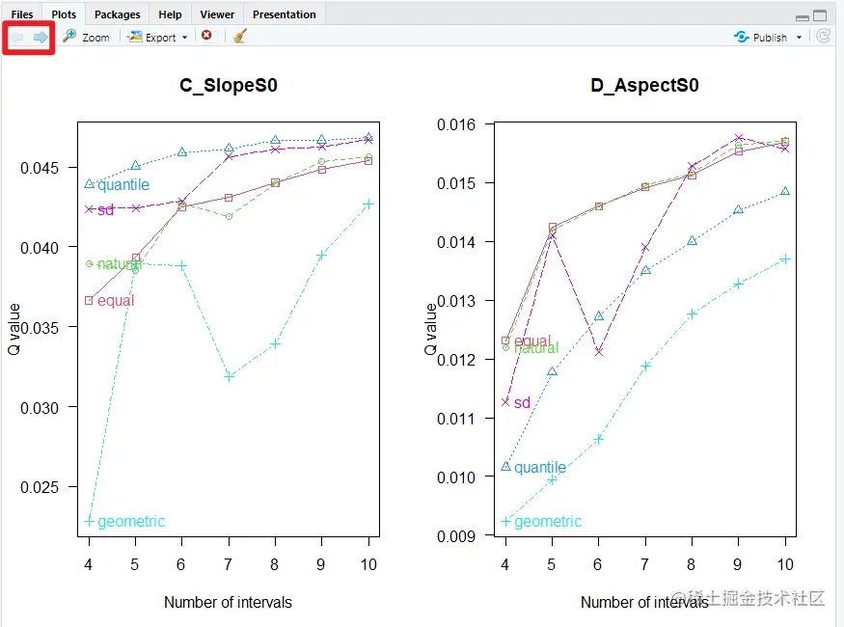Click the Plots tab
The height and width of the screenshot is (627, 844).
[64, 14]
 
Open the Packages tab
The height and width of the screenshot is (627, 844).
[117, 14]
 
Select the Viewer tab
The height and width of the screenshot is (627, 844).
[217, 14]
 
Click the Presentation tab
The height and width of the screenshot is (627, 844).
[284, 14]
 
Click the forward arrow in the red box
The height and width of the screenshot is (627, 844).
[40, 37]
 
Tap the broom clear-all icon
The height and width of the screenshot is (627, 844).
[240, 37]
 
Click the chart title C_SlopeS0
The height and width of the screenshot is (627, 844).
[229, 86]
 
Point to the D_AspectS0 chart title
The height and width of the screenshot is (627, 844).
[644, 86]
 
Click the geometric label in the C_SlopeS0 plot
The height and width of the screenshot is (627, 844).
[131, 522]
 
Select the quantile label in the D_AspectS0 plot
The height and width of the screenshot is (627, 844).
[539, 468]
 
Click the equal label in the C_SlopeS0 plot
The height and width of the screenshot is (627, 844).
[116, 301]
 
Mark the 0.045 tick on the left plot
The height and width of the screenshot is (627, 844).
[47, 167]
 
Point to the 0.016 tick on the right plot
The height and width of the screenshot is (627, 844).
[458, 124]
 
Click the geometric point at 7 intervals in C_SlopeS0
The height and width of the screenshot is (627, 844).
[229, 376]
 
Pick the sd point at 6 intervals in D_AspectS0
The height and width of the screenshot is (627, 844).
[599, 352]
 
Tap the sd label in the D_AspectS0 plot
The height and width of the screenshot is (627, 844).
[522, 403]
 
